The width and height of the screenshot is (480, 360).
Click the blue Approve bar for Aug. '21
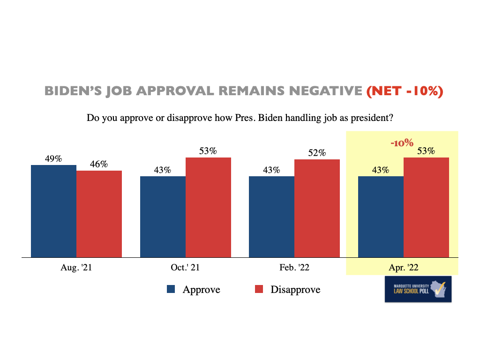pyautogui.click(x=53, y=211)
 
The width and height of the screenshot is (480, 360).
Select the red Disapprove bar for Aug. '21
pyautogui.click(x=99, y=214)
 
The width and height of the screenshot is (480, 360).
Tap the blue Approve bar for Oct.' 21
pyautogui.click(x=163, y=217)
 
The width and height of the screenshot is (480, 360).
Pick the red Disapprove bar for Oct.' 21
pyautogui.click(x=208, y=207)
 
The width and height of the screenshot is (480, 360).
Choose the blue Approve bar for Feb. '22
pyautogui.click(x=271, y=217)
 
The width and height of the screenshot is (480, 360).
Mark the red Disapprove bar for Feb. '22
pyautogui.click(x=317, y=208)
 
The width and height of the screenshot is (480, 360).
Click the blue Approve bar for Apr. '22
pyautogui.click(x=381, y=217)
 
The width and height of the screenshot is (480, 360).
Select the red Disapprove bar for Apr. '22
pyautogui.click(x=426, y=207)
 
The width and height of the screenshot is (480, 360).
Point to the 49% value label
pyautogui.click(x=53, y=158)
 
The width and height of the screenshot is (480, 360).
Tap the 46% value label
pyautogui.click(x=99, y=164)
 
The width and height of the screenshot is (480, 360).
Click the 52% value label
pyautogui.click(x=317, y=153)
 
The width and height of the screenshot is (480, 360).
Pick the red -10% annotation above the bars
pyautogui.click(x=402, y=142)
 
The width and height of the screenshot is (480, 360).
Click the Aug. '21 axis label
pyautogui.click(x=76, y=268)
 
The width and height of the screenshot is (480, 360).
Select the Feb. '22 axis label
pyautogui.click(x=294, y=268)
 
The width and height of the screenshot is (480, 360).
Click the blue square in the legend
pyautogui.click(x=171, y=289)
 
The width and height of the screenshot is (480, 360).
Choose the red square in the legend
pyautogui.click(x=259, y=289)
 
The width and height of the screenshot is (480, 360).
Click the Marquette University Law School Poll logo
pyautogui.click(x=418, y=289)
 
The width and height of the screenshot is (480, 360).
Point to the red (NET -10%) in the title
pyautogui.click(x=405, y=91)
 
